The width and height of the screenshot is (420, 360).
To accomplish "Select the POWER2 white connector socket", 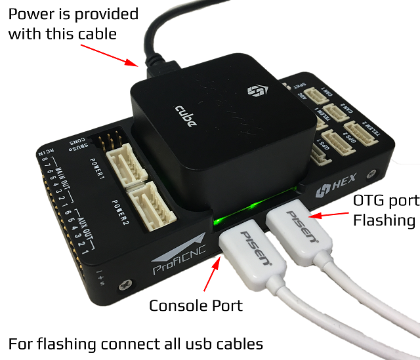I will pos(153,201).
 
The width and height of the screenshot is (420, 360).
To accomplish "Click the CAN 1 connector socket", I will pos(322,96).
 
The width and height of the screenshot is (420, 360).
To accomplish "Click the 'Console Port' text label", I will pos(196,306).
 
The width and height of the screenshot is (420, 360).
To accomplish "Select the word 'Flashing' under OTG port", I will pos(384,220).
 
